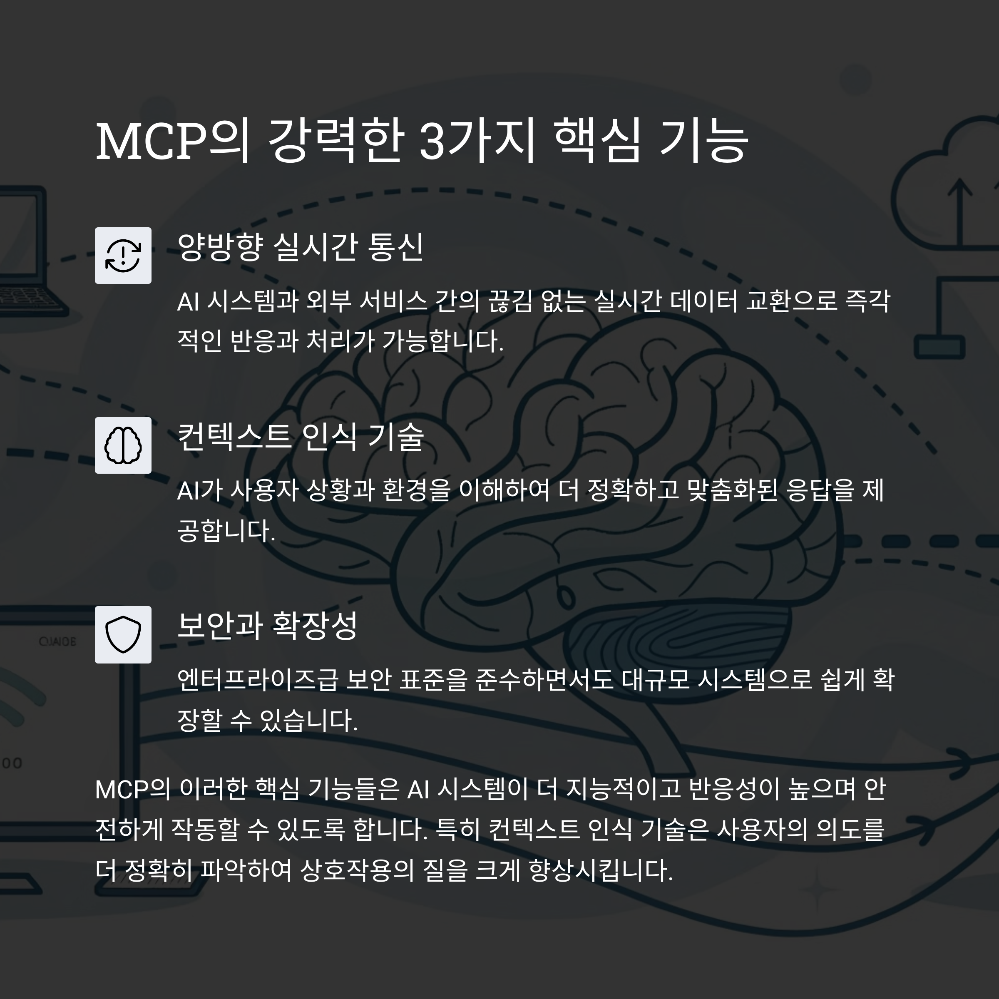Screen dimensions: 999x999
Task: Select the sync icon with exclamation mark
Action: click(x=123, y=256)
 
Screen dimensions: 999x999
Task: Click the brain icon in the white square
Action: click(x=123, y=445)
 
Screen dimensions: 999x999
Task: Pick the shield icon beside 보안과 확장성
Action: click(x=123, y=634)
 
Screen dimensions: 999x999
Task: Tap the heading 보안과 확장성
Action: click(x=267, y=626)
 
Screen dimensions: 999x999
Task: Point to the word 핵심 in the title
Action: click(x=597, y=141)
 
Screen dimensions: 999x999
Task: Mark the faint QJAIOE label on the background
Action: click(x=57, y=642)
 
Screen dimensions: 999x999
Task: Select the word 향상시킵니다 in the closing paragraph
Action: click(x=600, y=870)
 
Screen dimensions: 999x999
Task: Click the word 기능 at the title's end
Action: click(x=704, y=141)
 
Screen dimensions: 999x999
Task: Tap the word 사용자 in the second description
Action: click(x=264, y=490)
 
